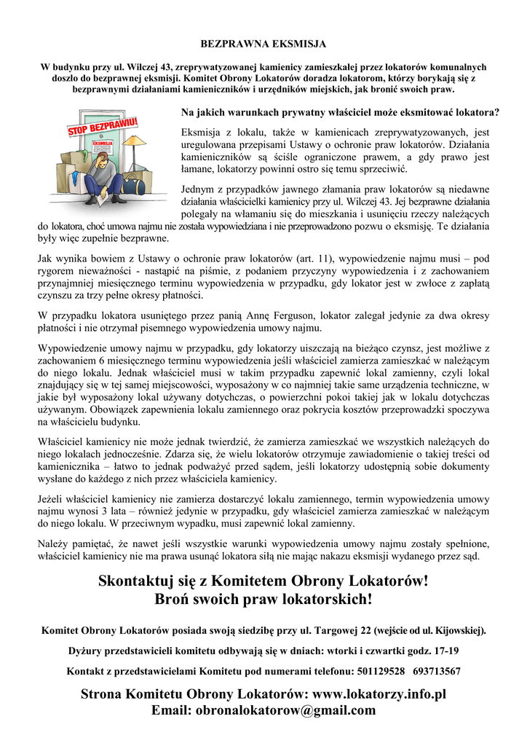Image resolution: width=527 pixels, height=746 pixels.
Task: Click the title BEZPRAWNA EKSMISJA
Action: click(x=263, y=44)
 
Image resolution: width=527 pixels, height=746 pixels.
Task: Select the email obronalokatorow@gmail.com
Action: click(x=286, y=710)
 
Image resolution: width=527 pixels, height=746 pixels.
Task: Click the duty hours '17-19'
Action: click(x=445, y=651)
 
